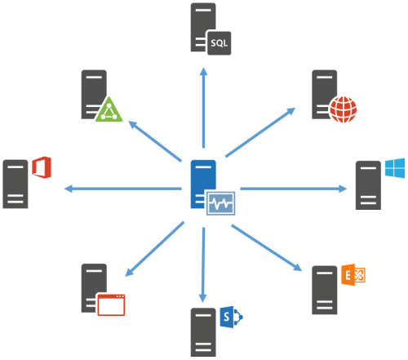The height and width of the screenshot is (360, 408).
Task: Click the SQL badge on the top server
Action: tap(220, 43)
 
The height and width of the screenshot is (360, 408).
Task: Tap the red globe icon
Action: tap(343, 109)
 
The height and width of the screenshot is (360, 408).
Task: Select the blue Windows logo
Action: tap(395, 168)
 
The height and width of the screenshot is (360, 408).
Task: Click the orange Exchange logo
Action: tap(353, 274)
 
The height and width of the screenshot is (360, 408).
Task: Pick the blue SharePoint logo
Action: tap(231, 317)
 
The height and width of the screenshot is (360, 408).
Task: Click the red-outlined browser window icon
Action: tap(111, 304)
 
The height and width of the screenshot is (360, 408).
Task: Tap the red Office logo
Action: tap(42, 167)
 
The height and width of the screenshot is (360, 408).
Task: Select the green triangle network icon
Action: tap(109, 109)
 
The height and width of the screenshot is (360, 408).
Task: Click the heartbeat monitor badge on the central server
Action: tap(220, 203)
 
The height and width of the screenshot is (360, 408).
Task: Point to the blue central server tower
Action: tap(203, 184)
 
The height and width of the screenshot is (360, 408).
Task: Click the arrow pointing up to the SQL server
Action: tap(203, 108)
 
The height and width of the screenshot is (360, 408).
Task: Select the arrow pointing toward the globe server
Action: tap(260, 132)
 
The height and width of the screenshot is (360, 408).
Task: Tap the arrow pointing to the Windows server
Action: tap(294, 189)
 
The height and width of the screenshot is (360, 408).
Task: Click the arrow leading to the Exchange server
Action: tap(267, 248)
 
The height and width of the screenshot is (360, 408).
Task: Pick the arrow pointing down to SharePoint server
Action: tap(203, 265)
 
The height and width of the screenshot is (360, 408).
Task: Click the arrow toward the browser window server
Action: tap(154, 249)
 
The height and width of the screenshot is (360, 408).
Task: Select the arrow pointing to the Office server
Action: tap(122, 189)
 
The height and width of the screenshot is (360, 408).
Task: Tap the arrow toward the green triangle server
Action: tap(155, 141)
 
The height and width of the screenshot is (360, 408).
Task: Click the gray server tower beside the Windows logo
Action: tap(368, 185)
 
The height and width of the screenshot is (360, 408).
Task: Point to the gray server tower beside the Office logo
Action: tap(16, 184)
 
